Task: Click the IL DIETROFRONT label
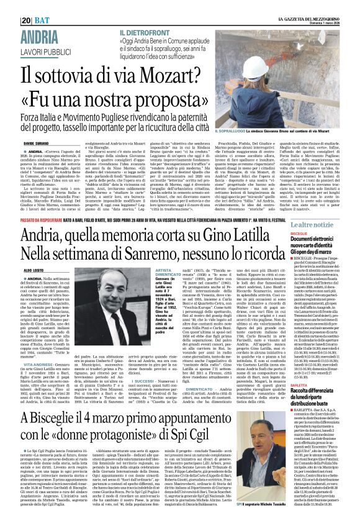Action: pos(146,31)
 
